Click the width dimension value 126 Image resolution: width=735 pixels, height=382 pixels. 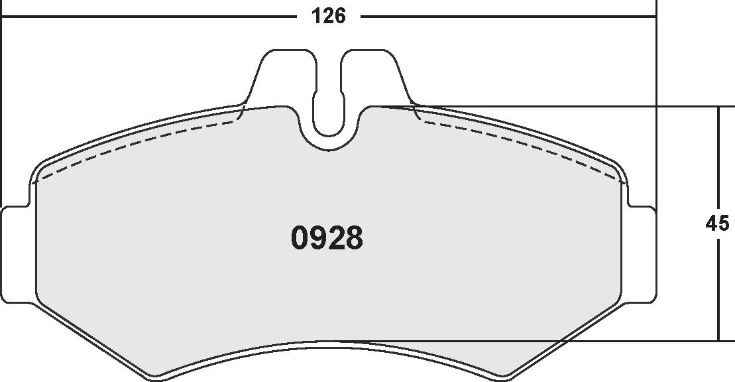329,16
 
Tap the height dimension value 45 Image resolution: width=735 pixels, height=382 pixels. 717,223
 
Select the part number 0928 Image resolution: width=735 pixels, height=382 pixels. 327,239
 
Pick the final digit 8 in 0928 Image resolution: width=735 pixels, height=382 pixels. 354,239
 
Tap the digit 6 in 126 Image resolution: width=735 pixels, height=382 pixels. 339,16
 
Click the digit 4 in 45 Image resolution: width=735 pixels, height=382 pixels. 711,223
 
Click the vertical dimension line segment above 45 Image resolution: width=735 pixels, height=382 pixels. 718,159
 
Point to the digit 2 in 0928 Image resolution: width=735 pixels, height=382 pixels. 336,239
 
